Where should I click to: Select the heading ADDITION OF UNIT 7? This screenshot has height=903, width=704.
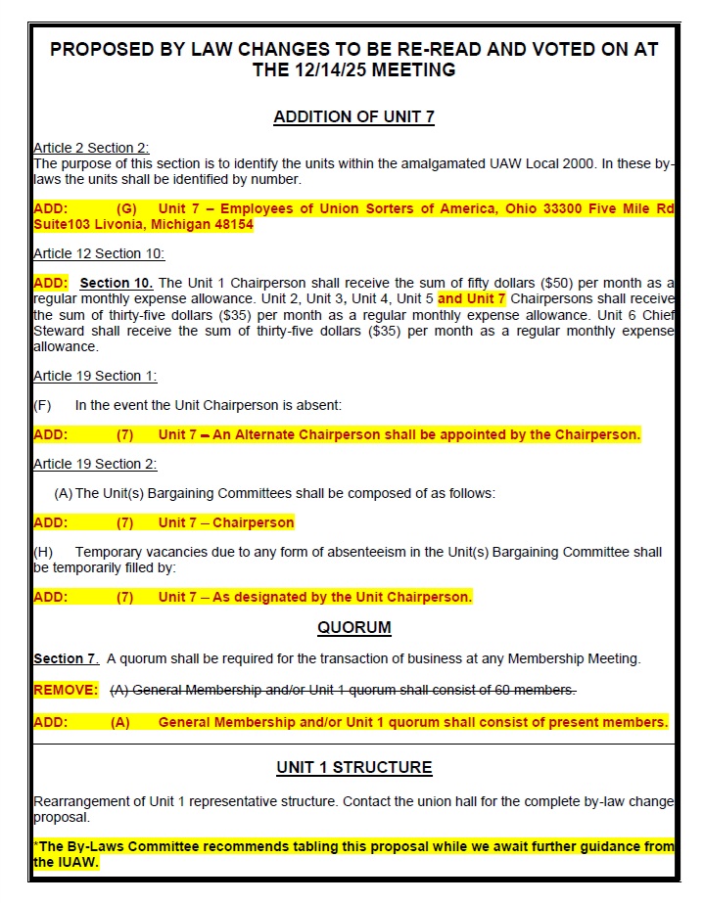pos(353,117)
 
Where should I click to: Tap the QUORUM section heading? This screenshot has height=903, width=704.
pos(353,627)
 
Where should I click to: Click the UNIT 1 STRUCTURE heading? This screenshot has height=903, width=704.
pos(353,768)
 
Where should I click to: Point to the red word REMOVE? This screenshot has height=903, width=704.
pos(66,691)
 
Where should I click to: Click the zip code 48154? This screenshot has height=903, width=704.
pos(229,225)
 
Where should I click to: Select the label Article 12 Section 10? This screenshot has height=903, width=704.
pos(99,254)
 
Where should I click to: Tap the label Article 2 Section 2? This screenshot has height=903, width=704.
pos(91,148)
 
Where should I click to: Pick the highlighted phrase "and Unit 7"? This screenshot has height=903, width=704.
pos(472,298)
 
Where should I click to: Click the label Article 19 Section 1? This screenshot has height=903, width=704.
pos(95,376)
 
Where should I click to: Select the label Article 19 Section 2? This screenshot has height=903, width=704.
pos(95,464)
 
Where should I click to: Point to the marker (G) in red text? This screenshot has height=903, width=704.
pos(127,209)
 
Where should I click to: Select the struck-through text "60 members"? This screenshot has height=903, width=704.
pos(537,691)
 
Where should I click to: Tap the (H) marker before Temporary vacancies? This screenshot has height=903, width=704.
pos(43,553)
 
